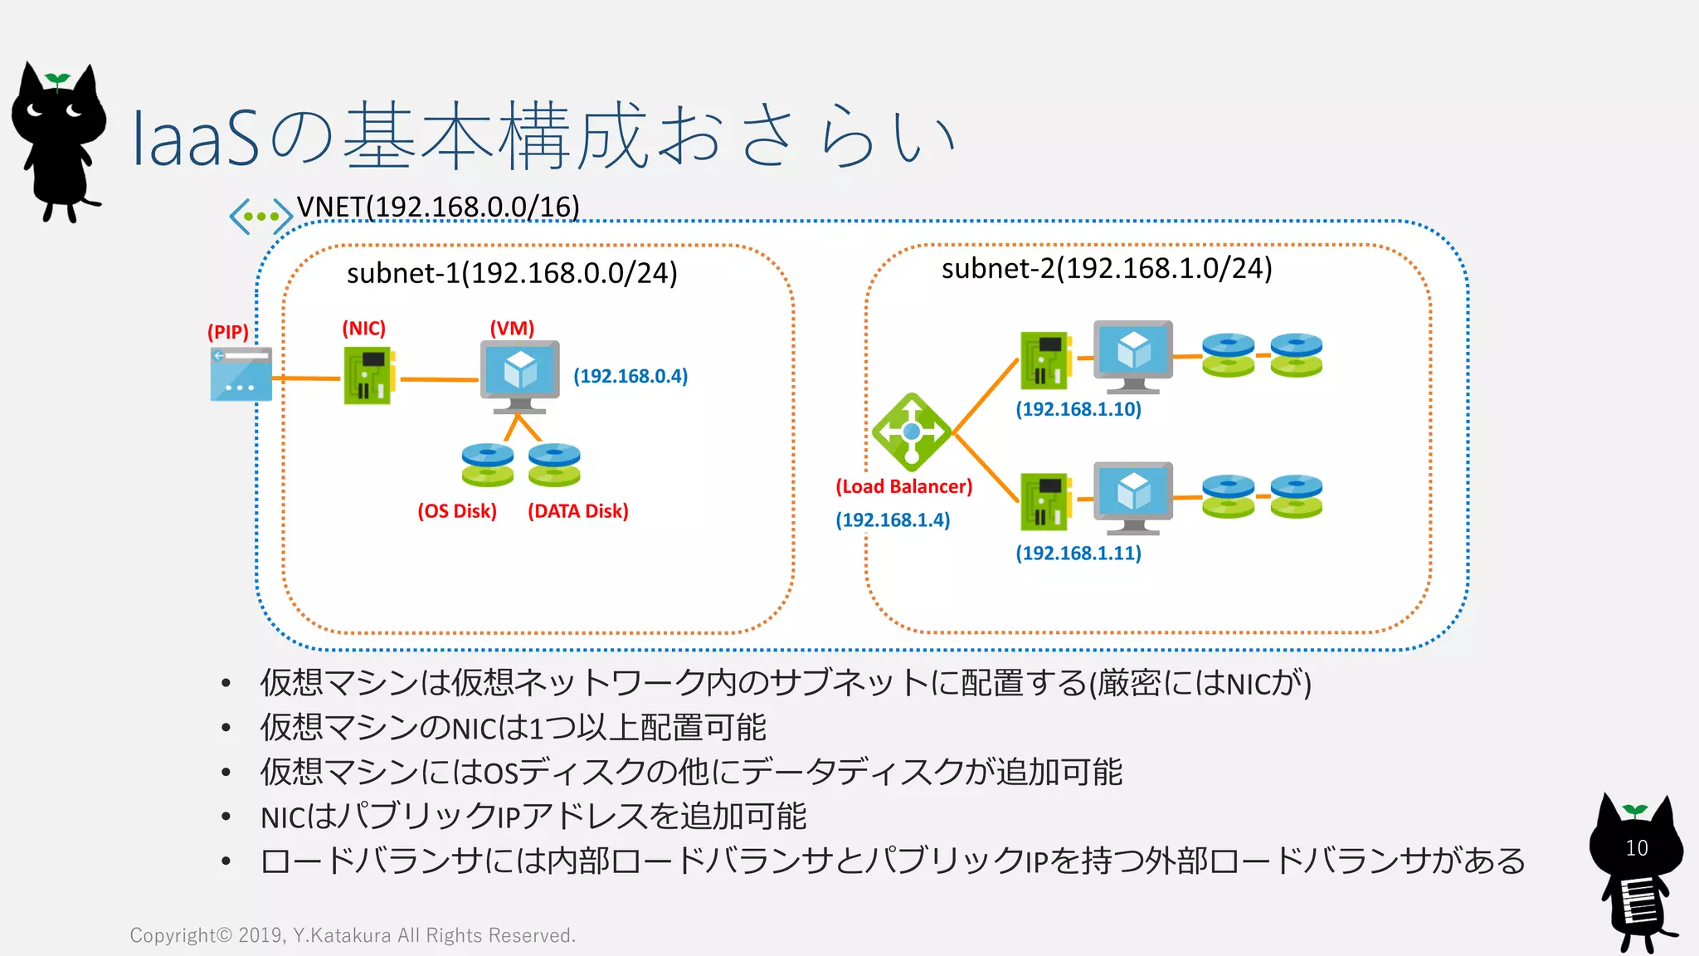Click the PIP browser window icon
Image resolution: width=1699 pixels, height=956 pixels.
click(x=241, y=374)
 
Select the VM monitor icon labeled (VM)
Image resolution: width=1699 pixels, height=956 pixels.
click(x=519, y=375)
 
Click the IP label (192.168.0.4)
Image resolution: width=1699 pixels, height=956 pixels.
click(x=630, y=376)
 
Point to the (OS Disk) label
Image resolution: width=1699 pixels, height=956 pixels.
click(x=457, y=511)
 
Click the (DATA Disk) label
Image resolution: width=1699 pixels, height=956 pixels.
click(x=578, y=511)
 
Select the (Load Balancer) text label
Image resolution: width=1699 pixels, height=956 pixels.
click(x=903, y=486)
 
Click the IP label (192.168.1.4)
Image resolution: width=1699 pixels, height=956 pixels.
click(x=893, y=520)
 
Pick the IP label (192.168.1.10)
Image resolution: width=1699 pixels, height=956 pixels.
click(x=1078, y=409)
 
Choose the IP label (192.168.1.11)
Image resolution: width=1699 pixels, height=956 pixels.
click(x=1078, y=554)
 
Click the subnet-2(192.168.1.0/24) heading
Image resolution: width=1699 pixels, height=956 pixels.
click(x=1107, y=268)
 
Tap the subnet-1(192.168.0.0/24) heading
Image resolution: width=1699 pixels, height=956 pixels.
click(x=512, y=273)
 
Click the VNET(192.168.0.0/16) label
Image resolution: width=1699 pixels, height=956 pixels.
click(x=438, y=206)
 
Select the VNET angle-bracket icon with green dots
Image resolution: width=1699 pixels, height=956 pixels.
click(x=260, y=216)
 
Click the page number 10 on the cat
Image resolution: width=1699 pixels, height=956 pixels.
click(x=1636, y=848)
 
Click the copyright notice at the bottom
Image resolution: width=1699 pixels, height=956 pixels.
click(x=353, y=935)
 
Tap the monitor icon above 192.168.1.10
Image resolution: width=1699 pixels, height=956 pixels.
click(x=1132, y=355)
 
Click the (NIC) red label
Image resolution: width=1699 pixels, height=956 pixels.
click(x=363, y=329)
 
